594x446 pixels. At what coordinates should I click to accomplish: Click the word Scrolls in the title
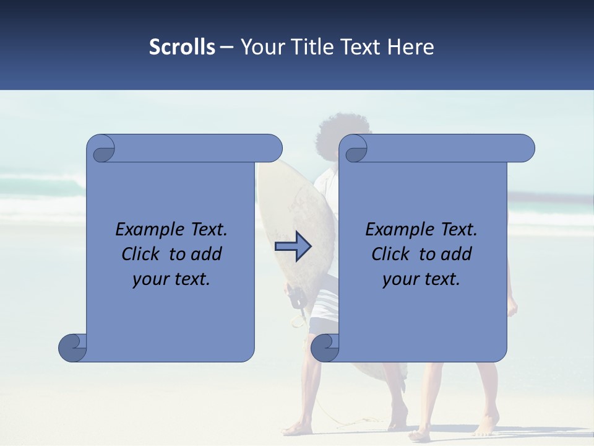tap(182, 46)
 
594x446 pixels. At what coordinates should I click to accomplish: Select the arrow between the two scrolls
tap(293, 246)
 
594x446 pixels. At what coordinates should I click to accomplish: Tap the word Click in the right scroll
tap(392, 254)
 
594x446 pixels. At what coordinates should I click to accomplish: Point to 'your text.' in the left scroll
tap(171, 279)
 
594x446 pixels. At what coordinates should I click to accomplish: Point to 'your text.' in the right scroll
tap(421, 279)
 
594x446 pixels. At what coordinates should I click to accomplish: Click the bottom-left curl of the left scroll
tap(72, 347)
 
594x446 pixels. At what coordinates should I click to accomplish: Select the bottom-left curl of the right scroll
tap(324, 347)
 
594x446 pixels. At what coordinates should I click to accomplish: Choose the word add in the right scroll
tap(457, 254)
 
